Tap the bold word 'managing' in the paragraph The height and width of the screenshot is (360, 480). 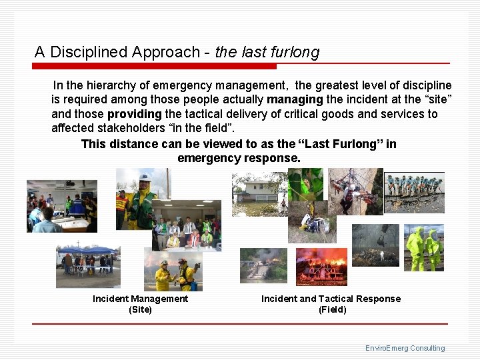point(295,99)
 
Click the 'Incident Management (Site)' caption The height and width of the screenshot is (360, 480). point(140,304)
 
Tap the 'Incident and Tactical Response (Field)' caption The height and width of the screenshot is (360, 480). point(331,304)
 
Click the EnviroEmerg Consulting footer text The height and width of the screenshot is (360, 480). point(405,348)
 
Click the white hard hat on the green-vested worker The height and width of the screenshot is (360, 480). point(145,179)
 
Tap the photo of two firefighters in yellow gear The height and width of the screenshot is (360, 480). point(173,269)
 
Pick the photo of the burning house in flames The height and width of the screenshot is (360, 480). point(321,267)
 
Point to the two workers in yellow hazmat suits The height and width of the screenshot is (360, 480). point(424,248)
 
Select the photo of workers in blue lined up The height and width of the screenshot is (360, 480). point(414,191)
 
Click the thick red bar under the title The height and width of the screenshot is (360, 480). point(154,67)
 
